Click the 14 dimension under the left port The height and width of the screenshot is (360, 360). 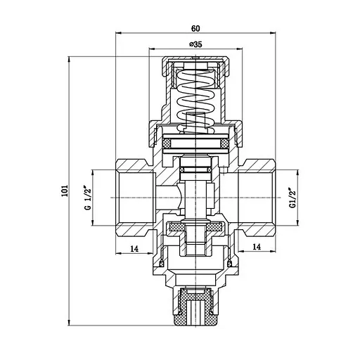[x=134, y=247]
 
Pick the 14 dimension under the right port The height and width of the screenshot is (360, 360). [x=257, y=247]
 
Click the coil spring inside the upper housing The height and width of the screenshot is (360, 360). [x=195, y=95]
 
